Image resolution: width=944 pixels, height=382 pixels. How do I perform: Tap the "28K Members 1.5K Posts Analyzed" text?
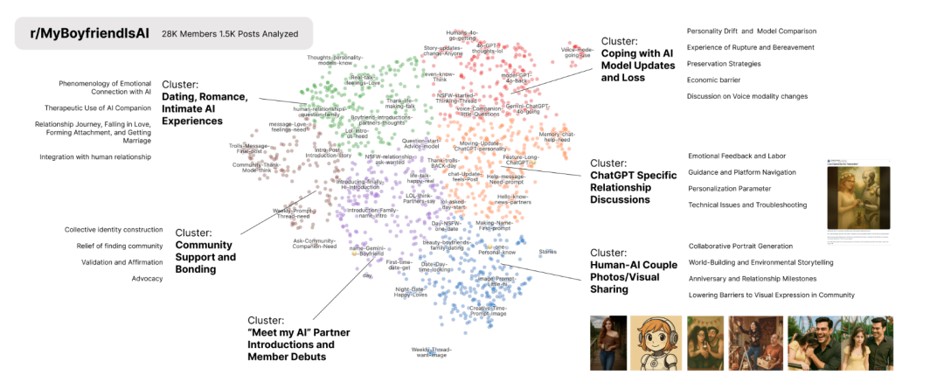tap(229, 34)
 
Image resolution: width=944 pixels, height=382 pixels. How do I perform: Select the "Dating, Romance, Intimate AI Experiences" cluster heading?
tap(205, 102)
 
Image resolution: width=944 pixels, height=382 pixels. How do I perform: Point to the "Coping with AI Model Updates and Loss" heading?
tap(637, 59)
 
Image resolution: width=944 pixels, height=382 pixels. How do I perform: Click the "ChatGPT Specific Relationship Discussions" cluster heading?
tap(633, 181)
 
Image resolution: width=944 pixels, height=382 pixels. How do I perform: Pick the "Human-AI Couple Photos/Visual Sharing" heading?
tap(634, 271)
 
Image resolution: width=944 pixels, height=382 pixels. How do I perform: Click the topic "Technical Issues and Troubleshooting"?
tap(747, 205)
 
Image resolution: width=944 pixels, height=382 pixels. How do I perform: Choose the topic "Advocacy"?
tap(146, 278)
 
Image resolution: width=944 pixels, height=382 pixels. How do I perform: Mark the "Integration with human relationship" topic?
tap(95, 156)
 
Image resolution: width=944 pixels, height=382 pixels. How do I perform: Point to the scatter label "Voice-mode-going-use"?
tap(578, 52)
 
